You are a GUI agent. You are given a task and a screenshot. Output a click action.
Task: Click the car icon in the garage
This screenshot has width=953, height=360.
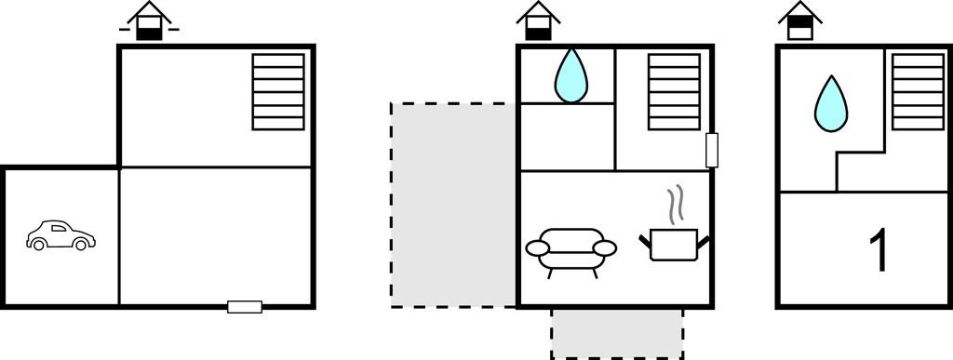click(x=60, y=235)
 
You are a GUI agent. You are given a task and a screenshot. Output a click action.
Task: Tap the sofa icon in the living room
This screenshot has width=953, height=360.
click(x=570, y=252)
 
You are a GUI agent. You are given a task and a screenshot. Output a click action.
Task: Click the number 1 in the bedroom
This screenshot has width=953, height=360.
click(x=879, y=250)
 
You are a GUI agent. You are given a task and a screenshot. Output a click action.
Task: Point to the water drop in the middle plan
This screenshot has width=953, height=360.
click(x=570, y=76)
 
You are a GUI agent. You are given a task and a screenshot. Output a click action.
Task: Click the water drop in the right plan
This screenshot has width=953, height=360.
click(x=831, y=104)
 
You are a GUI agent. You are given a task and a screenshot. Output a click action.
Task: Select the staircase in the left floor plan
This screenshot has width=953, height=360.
click(x=278, y=92)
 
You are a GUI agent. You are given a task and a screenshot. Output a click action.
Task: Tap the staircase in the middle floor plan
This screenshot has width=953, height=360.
click(x=674, y=92)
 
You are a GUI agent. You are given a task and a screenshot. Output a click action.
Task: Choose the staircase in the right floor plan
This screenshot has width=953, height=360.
click(x=919, y=92)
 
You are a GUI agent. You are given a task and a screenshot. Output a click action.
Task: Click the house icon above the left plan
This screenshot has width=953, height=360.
click(x=149, y=21)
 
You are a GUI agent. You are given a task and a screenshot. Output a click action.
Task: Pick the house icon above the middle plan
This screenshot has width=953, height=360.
click(x=538, y=21)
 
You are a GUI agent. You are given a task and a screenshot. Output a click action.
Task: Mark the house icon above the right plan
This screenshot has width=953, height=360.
click(x=799, y=21)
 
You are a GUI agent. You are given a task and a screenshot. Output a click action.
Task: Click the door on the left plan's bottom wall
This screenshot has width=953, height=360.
click(x=245, y=307)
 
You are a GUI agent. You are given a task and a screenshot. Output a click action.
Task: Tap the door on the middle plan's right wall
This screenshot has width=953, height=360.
click(x=712, y=150)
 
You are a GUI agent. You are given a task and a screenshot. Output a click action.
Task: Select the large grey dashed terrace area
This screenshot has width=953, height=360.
click(x=453, y=206)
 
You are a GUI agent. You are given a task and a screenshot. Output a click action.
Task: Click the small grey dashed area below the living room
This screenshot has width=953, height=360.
click(x=617, y=333)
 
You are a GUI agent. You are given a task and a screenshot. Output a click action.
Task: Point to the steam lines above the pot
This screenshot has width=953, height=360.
click(x=676, y=205)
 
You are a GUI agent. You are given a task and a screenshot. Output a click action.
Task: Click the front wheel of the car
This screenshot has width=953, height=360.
click(x=38, y=245)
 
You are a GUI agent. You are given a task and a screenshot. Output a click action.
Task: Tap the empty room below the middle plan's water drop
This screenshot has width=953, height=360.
click(x=568, y=137)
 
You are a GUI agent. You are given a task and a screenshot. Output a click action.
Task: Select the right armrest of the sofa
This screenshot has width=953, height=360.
click(x=604, y=248)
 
